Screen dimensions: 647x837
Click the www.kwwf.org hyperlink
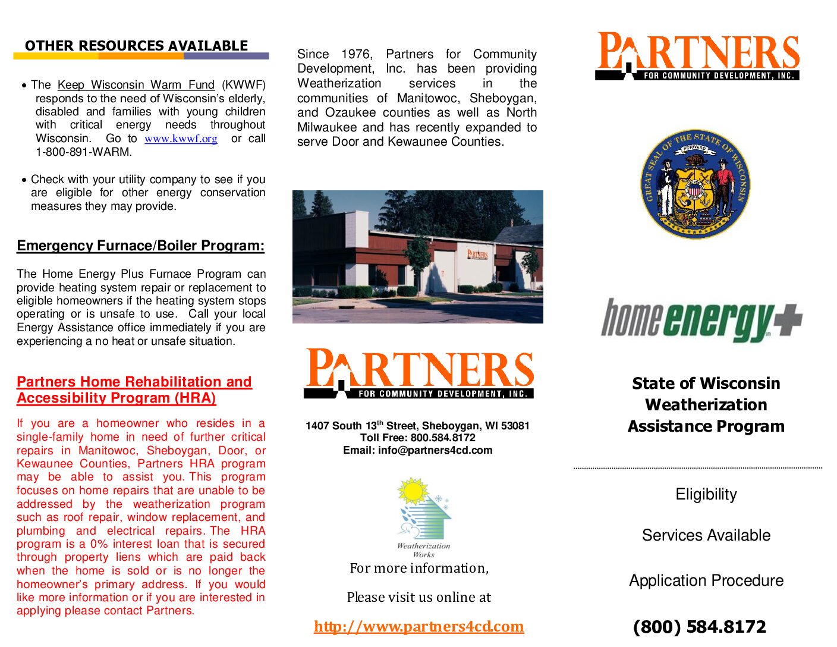pyautogui.click(x=181, y=139)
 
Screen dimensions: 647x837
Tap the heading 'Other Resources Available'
pyautogui.click(x=136, y=46)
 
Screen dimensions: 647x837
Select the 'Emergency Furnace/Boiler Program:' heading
pyautogui.click(x=140, y=246)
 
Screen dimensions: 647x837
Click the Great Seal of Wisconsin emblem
pyautogui.click(x=695, y=184)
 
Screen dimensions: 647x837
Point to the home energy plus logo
pyautogui.click(x=701, y=320)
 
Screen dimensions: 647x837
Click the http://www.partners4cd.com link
pyautogui.click(x=418, y=626)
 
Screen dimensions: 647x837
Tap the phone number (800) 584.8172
pyautogui.click(x=699, y=627)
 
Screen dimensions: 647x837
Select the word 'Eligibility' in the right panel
pyautogui.click(x=706, y=494)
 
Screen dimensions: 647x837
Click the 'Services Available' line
pyautogui.click(x=706, y=535)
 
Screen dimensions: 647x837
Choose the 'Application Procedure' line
pyautogui.click(x=706, y=580)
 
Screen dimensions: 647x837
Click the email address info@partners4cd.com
pyautogui.click(x=435, y=450)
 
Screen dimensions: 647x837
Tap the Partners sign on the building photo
pyautogui.click(x=477, y=255)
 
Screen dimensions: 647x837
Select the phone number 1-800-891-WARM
pyautogui.click(x=84, y=152)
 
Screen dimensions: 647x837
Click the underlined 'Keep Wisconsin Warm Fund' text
pyautogui.click(x=136, y=85)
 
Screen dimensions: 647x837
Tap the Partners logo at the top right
pyautogui.click(x=697, y=56)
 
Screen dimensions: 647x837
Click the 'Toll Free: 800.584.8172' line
pyautogui.click(x=417, y=438)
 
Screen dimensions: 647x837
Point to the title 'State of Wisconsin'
pyautogui.click(x=706, y=383)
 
